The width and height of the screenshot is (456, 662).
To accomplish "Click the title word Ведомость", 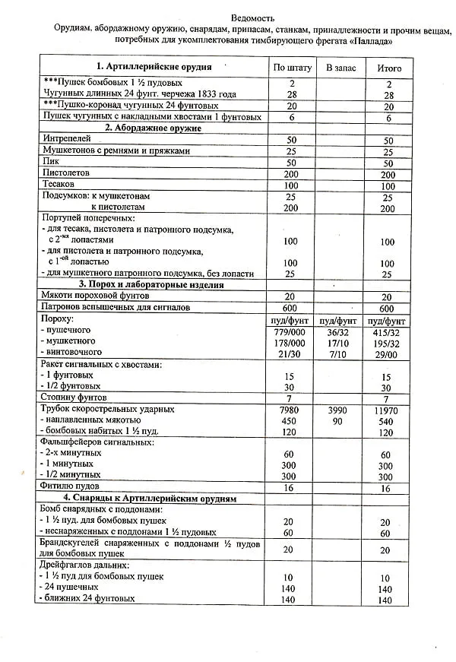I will click(252, 17).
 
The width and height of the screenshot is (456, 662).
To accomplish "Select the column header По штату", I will click(292, 68).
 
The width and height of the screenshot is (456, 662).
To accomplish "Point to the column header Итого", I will click(389, 68).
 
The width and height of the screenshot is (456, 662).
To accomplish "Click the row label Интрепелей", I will click(66, 140).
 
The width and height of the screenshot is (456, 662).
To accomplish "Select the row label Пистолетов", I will click(66, 174).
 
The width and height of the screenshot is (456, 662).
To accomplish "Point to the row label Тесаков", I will click(60, 185).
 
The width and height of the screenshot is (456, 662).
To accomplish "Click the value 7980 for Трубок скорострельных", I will click(288, 410).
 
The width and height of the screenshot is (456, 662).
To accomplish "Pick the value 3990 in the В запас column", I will click(337, 410).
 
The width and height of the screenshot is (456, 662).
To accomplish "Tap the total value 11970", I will click(387, 410).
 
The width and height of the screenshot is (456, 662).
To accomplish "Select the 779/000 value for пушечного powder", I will click(290, 331).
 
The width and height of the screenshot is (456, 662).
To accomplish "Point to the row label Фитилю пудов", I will click(70, 486).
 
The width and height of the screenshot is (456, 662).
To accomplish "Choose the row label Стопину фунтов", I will click(74, 398).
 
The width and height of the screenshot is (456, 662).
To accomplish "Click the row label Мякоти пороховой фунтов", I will click(95, 296).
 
